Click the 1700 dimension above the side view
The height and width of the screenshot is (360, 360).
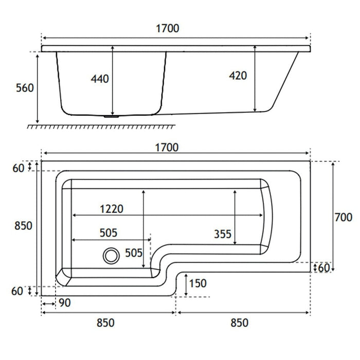point(168,29)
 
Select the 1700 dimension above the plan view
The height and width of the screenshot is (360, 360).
point(168,148)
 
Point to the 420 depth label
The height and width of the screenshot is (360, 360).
point(237,76)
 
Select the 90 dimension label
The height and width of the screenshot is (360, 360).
point(64,303)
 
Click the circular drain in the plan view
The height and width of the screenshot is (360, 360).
point(111,254)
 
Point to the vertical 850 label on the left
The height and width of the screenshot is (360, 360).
point(24,226)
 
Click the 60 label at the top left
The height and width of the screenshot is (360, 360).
point(19,168)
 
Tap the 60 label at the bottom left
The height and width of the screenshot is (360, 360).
point(19,291)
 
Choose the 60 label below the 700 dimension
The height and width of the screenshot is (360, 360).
point(325,267)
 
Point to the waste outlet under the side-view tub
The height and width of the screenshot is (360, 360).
point(111,116)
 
